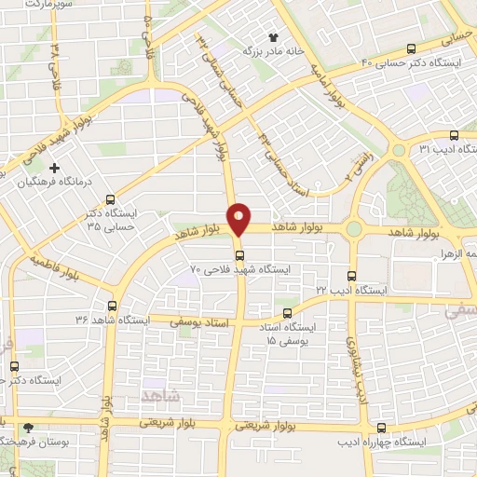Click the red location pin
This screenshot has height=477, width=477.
click(x=240, y=217)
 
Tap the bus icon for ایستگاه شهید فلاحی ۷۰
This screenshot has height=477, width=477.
click(x=240, y=254)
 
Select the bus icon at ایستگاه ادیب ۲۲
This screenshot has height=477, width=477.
click(x=351, y=276)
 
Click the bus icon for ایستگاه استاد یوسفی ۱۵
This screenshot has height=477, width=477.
click(x=288, y=314)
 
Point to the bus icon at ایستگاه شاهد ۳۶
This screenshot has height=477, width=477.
click(x=113, y=305)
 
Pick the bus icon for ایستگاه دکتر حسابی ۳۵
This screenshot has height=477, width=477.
click(x=111, y=198)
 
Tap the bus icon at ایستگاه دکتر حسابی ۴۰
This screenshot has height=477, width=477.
click(x=412, y=49)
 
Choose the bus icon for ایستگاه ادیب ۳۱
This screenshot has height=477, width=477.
click(x=454, y=134)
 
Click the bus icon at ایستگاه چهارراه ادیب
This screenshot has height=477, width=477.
click(x=381, y=428)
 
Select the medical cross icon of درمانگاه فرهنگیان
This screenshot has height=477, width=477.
click(x=54, y=169)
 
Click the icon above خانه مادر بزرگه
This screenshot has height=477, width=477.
click(x=274, y=38)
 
